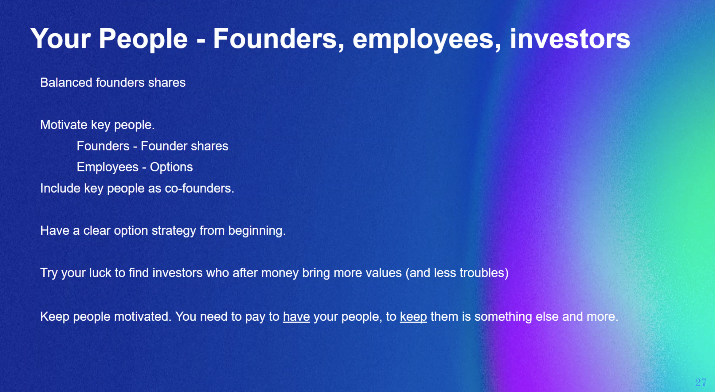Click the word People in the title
point(143,39)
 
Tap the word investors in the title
point(570,39)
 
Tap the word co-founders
point(199,188)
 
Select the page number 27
point(701,382)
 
